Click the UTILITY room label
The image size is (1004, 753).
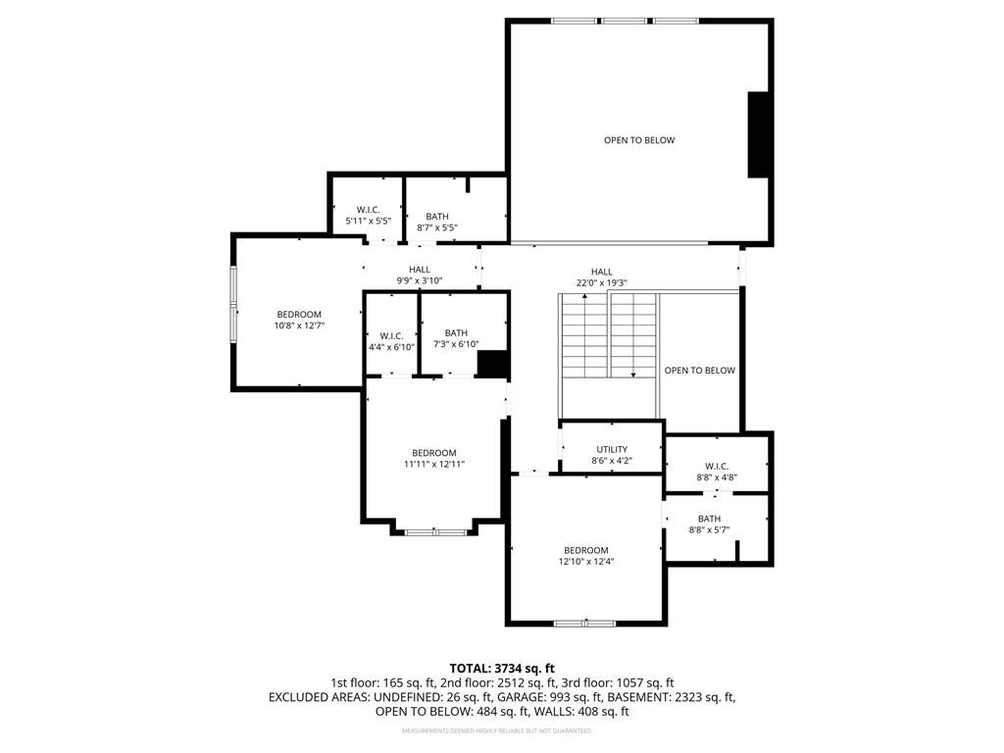click(x=612, y=449)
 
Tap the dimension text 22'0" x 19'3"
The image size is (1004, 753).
click(x=601, y=283)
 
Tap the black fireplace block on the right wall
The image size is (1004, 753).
click(x=758, y=134)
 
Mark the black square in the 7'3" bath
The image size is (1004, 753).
click(x=494, y=364)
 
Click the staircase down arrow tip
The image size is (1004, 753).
click(x=633, y=376)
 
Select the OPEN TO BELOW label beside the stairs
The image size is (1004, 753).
click(x=700, y=370)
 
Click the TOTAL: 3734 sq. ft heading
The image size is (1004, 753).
click(x=502, y=669)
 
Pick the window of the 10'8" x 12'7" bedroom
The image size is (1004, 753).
click(x=233, y=312)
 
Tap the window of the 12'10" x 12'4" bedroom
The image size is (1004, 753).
click(x=584, y=623)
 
